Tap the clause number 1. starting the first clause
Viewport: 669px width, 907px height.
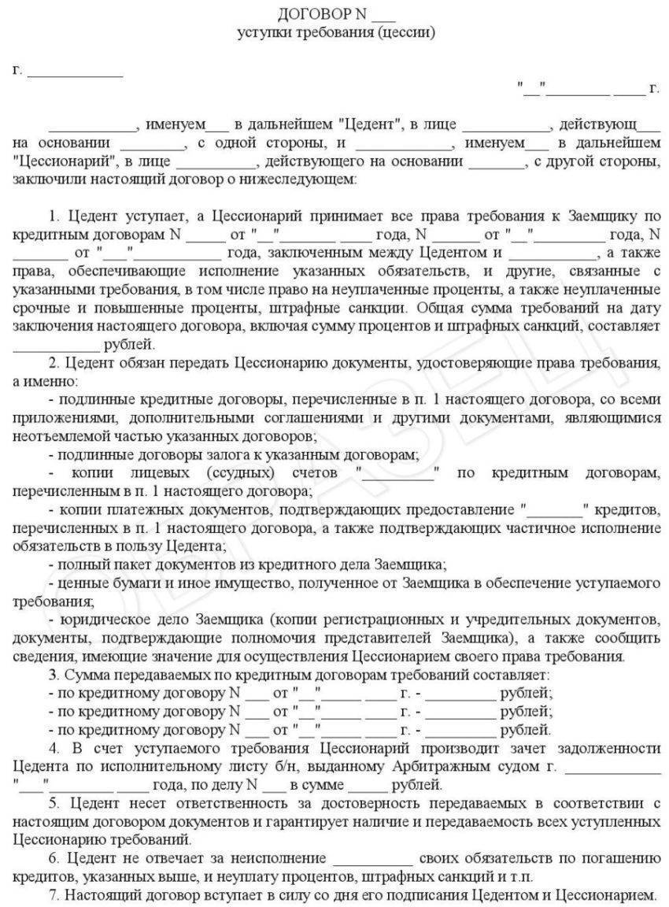[x=54, y=216]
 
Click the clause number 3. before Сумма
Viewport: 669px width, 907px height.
[x=54, y=674]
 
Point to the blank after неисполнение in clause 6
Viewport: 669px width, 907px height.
[x=373, y=857]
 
